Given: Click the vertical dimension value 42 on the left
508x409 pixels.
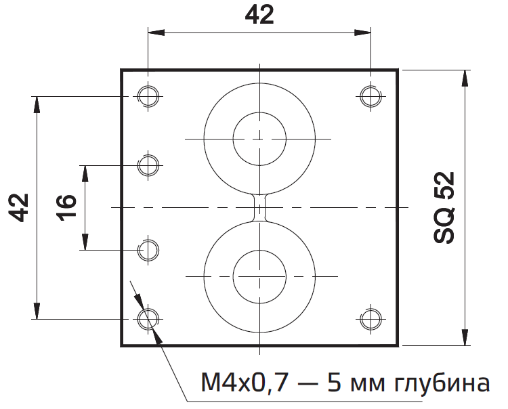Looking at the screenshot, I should (20, 207).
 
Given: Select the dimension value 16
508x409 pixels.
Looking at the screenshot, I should (66, 207).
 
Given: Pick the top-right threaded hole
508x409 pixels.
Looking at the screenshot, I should (370, 95).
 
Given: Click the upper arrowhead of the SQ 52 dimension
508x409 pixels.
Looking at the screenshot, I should (464, 77).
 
